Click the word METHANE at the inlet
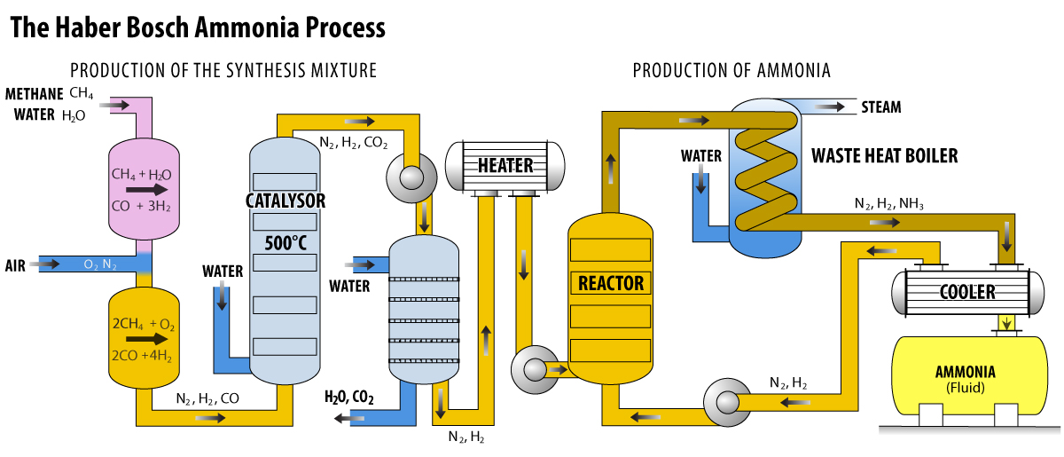[34, 94]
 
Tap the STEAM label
[880, 107]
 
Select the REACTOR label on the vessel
[610, 284]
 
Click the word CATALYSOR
[285, 201]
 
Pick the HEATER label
[505, 165]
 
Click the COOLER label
[966, 291]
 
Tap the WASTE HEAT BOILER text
[885, 156]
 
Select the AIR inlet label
[15, 265]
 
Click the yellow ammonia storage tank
[966, 373]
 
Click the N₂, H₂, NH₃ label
[888, 204]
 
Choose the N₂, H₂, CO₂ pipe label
[353, 142]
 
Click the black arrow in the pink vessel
[146, 189]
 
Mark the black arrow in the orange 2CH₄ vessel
[146, 338]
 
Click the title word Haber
[91, 28]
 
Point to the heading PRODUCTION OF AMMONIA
[731, 71]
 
